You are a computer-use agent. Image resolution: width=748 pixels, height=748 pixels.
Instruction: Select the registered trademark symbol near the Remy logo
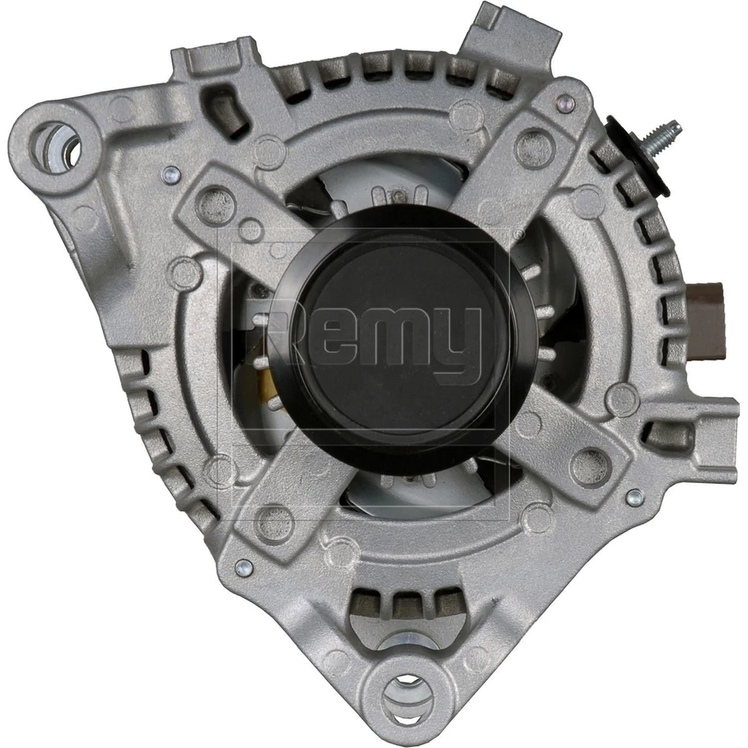pos(517,233)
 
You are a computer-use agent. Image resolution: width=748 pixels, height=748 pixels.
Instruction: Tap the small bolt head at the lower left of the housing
pos(244,566)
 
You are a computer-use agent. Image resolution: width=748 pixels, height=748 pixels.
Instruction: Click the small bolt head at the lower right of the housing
pos(635,496)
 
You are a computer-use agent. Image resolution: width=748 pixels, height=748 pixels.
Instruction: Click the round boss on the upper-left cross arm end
pos(214,205)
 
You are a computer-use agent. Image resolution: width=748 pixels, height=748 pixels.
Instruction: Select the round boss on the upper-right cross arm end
pos(535,147)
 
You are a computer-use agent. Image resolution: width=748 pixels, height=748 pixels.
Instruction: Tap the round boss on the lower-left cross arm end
pos(274,520)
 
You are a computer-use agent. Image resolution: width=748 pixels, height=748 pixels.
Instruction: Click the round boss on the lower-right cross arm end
pos(589,465)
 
